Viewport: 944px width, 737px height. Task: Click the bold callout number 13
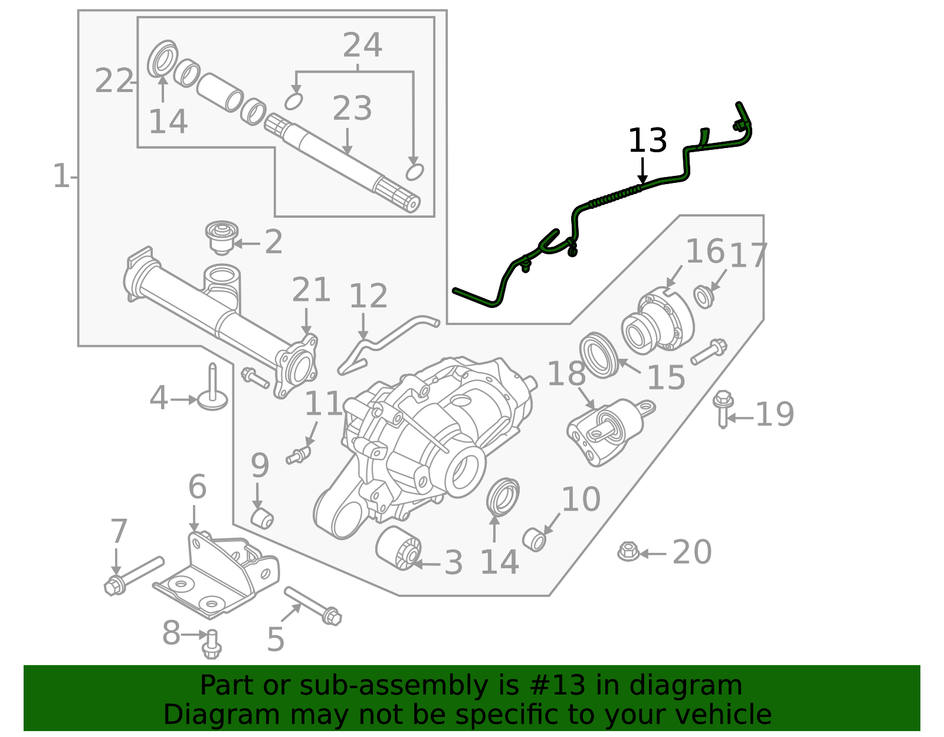[647, 141]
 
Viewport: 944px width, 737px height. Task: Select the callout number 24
[362, 45]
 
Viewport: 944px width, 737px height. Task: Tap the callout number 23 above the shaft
[352, 109]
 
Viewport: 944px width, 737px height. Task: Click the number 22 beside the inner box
[114, 81]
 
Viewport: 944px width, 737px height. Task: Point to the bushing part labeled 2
[221, 237]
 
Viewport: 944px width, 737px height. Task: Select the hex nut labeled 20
[628, 552]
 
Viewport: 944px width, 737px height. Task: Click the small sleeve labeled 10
[535, 539]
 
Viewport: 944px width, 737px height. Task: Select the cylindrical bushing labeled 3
[398, 548]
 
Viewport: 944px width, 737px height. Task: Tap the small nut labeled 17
[703, 296]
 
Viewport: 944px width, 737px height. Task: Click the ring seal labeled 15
[599, 355]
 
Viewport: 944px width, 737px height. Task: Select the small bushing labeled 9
[263, 518]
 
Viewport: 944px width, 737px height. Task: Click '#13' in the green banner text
[558, 686]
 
